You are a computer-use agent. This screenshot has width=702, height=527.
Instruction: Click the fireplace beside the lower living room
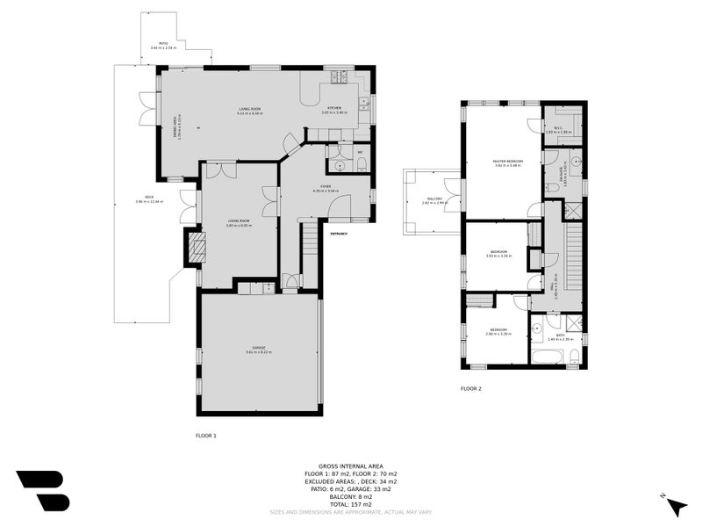(194, 249)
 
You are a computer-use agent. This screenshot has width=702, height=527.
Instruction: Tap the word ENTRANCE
(338, 234)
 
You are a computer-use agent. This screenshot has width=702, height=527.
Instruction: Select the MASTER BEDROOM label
(507, 162)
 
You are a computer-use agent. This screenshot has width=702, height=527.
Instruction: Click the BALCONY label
(434, 199)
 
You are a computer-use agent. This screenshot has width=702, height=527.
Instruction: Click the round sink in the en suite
(576, 162)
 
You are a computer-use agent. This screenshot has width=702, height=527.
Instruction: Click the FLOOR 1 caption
(205, 435)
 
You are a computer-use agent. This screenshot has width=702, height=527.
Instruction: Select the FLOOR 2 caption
(471, 388)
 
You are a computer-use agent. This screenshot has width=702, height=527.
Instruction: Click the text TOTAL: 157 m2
(350, 504)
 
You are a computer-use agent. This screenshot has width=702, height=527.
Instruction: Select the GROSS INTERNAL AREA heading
(350, 467)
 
